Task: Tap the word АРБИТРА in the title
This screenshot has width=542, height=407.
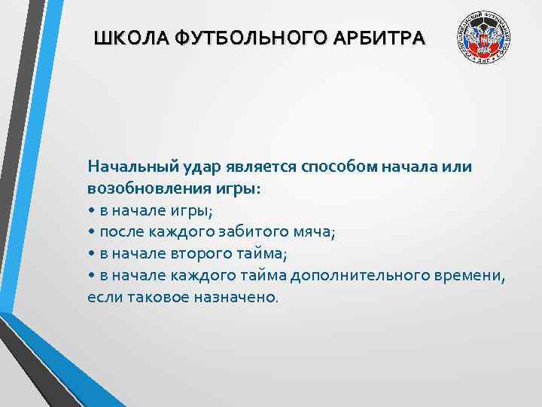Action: click(382, 38)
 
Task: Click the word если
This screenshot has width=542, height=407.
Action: click(102, 297)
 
